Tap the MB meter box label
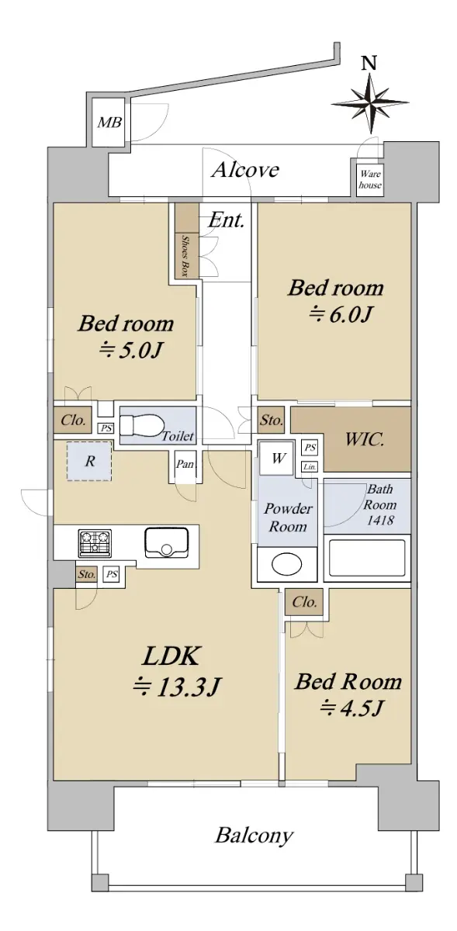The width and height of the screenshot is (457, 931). point(109,123)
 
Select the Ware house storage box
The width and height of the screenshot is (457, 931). point(369,178)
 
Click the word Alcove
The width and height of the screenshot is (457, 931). point(245,170)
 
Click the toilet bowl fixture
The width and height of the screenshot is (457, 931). point(140,426)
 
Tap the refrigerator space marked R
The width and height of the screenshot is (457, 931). point(90,462)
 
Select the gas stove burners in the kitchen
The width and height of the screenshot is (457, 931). point(95,544)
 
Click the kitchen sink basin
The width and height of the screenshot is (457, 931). point(166,543)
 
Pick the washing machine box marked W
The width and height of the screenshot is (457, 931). point(279,458)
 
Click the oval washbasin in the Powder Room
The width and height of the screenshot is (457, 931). point(287,563)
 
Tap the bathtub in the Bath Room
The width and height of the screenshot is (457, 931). point(367,558)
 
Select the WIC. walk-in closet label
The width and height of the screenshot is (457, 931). point(364,440)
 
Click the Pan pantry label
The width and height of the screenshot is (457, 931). point(185,463)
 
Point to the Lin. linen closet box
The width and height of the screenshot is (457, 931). point(310,467)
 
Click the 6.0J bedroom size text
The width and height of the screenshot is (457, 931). point(339,316)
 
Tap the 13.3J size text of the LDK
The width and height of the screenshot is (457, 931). point(176,687)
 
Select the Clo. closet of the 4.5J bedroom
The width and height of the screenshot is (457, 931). point(304,602)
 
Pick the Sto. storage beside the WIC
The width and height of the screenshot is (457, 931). point(271,421)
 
